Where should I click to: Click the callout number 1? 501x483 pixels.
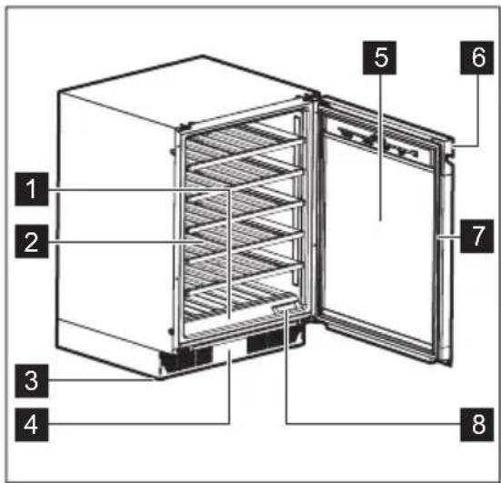tap(32, 190)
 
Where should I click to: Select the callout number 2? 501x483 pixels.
tap(32, 242)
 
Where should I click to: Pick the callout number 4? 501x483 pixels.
tap(32, 423)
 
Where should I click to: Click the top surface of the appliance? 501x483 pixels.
tap(182, 91)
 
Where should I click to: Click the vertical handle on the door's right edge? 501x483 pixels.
tap(446, 264)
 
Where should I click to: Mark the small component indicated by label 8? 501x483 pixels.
tap(285, 312)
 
